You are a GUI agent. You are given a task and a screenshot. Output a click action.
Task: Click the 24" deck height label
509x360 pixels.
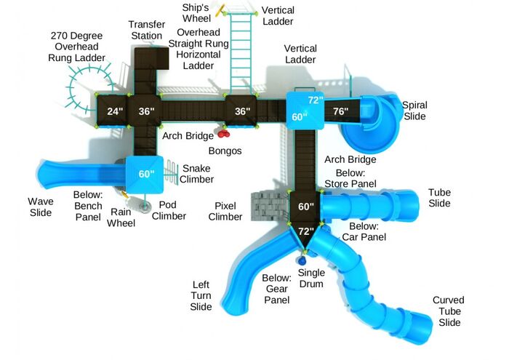[x=115, y=111]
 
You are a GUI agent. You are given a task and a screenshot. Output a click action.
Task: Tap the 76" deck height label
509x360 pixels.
[x=340, y=111]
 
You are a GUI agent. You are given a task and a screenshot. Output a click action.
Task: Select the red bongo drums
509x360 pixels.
[x=223, y=133]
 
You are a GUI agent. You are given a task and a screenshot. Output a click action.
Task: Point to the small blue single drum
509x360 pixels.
[x=301, y=260]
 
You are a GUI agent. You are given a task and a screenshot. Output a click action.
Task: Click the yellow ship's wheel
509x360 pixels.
[x=221, y=10]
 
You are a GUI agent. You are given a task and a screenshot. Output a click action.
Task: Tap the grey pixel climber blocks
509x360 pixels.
[x=270, y=207]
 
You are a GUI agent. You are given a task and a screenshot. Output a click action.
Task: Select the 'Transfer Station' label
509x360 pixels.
[x=147, y=30]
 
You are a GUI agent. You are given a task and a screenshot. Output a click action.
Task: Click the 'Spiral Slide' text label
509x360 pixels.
[x=414, y=111]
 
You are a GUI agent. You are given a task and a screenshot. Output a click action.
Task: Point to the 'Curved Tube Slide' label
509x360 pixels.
[x=449, y=311]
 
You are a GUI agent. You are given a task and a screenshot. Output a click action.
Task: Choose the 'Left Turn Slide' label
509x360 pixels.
[x=201, y=296]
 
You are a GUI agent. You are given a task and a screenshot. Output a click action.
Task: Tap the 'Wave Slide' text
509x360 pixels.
[x=41, y=207]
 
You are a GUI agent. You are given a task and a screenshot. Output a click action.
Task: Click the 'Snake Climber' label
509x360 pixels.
[x=196, y=174]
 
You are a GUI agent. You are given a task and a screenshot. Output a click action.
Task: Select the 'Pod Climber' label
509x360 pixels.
[x=169, y=210]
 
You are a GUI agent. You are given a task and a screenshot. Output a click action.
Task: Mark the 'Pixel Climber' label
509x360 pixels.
[x=225, y=212]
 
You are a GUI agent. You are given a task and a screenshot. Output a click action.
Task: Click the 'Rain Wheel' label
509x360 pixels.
[x=121, y=217]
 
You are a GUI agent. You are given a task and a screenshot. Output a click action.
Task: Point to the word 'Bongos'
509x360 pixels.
[x=225, y=151]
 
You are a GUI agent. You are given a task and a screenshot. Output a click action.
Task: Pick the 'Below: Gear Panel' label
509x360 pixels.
[x=276, y=289]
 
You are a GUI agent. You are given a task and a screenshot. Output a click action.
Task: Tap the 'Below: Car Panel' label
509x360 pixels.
[x=364, y=231]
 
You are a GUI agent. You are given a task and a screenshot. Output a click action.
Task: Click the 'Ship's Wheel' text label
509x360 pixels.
[x=196, y=13]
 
